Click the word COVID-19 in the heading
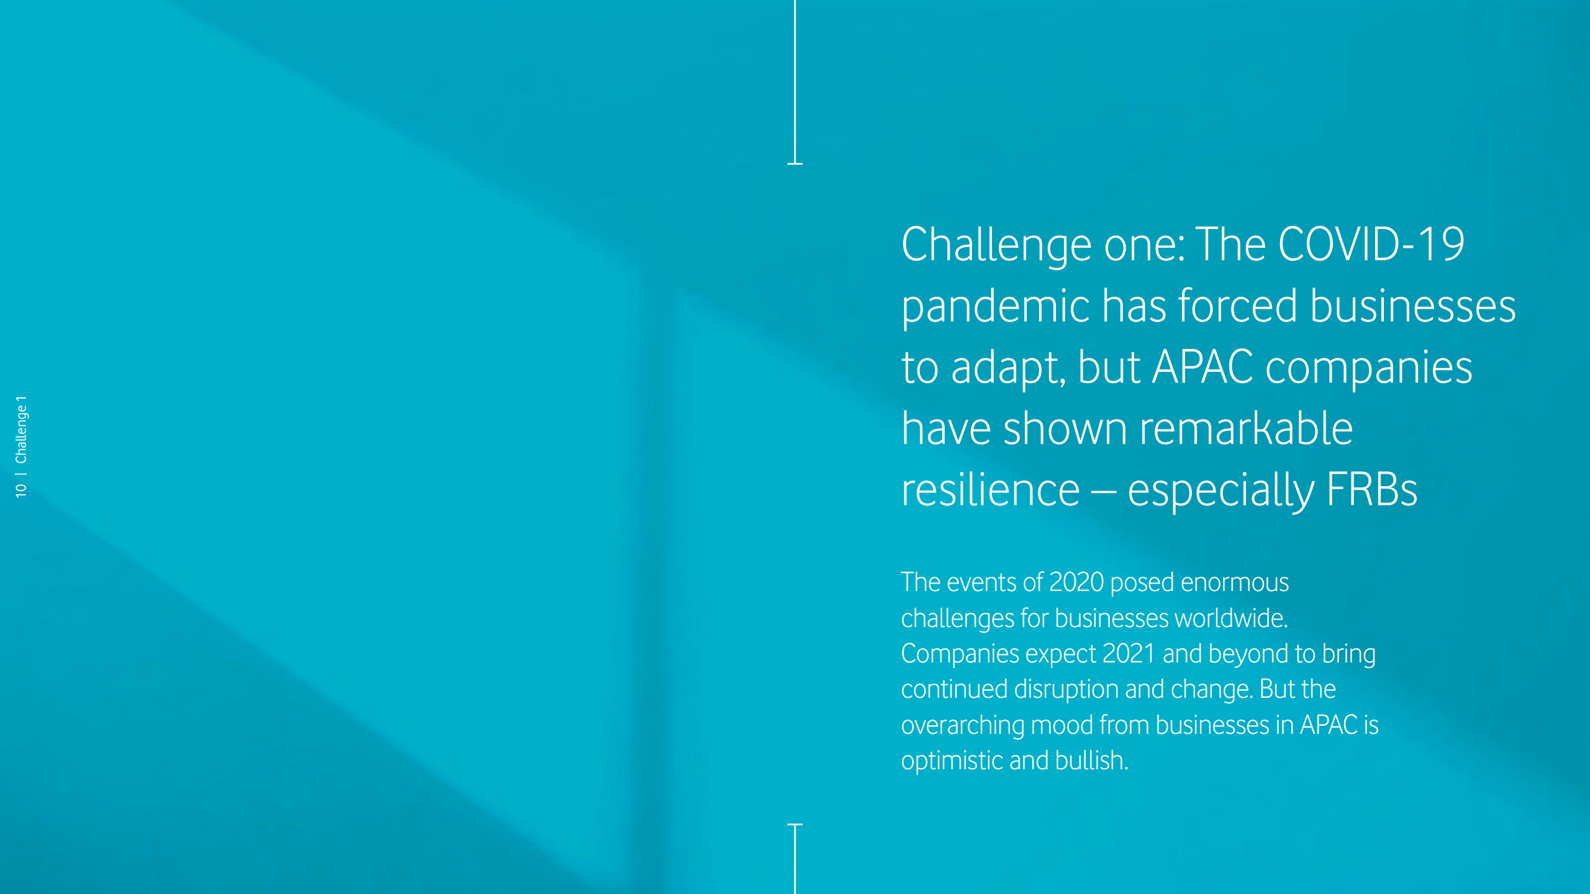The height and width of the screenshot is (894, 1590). [1371, 244]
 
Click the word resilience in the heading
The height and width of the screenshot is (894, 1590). [991, 490]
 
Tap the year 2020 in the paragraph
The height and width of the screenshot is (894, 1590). [1076, 582]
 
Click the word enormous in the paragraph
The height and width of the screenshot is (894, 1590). [1235, 583]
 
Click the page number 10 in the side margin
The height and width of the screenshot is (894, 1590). [21, 490]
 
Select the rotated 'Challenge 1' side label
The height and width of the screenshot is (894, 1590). [21, 430]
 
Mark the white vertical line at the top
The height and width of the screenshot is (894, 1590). [795, 81]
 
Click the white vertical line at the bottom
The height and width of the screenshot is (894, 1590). [795, 859]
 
